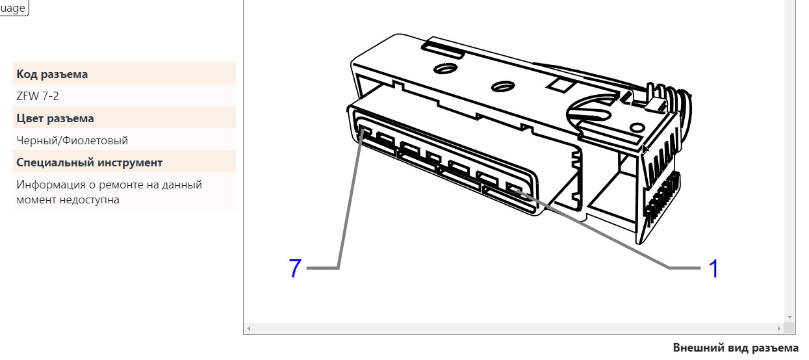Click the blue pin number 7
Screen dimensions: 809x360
point(295,268)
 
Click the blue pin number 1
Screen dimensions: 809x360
point(713,268)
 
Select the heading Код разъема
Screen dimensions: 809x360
point(52,74)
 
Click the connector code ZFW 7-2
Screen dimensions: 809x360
point(38,96)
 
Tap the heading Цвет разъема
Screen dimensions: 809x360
point(55,118)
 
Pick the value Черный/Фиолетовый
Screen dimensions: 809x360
point(72,140)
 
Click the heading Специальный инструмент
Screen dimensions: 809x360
point(90,162)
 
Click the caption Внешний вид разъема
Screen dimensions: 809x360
point(736,348)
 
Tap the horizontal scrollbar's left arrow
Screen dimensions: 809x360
point(249,328)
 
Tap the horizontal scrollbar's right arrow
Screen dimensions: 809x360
point(779,328)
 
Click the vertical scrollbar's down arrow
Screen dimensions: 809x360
point(790,317)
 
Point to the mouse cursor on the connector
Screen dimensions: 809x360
point(645,148)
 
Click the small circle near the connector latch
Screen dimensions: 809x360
point(637,128)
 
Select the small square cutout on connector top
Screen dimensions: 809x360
point(560,85)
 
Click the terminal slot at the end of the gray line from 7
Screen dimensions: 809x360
point(365,130)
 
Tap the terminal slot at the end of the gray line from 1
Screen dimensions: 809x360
point(514,188)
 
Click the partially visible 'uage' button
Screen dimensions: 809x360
point(13,7)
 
